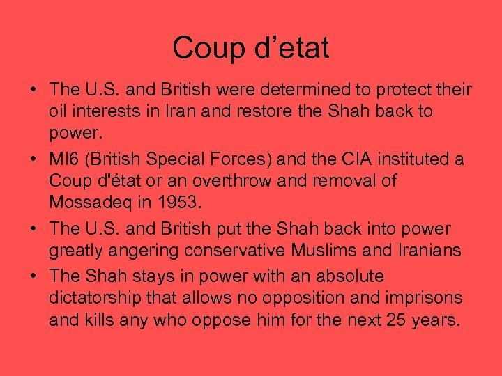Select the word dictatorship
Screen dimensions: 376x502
coord(97,298)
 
